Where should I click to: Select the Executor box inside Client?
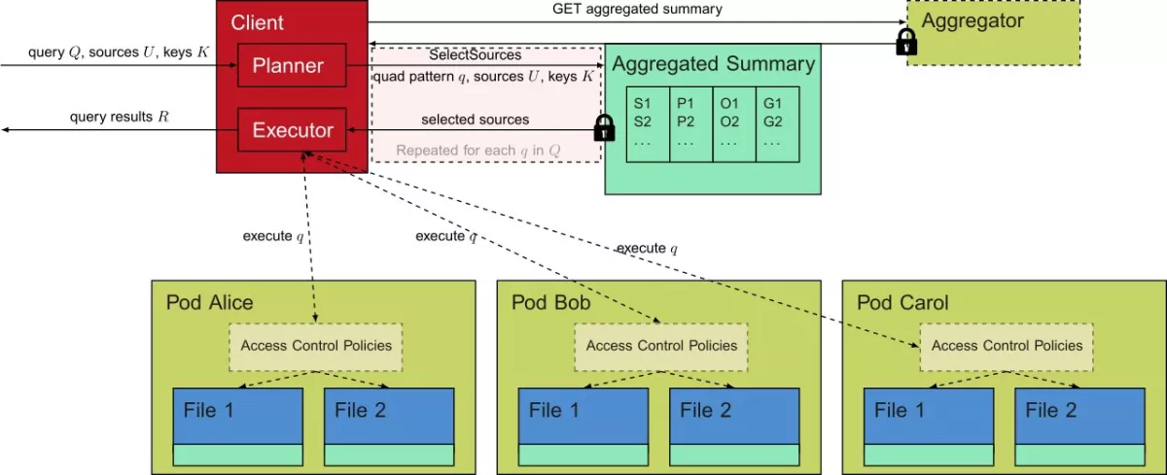(x=292, y=129)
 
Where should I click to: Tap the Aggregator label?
(x=972, y=20)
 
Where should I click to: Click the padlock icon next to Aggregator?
(x=906, y=41)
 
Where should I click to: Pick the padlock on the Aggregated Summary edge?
(x=604, y=127)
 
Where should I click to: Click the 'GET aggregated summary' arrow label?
(x=637, y=10)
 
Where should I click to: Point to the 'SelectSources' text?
(x=475, y=55)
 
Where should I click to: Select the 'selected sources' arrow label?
(x=475, y=119)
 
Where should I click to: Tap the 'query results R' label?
(x=119, y=117)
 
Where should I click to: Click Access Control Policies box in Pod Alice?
(x=316, y=345)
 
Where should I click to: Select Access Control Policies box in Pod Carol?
(x=1007, y=345)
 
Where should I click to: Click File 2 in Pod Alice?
(x=389, y=418)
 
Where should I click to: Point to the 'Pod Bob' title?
(x=550, y=302)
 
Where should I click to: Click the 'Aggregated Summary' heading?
(x=713, y=64)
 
